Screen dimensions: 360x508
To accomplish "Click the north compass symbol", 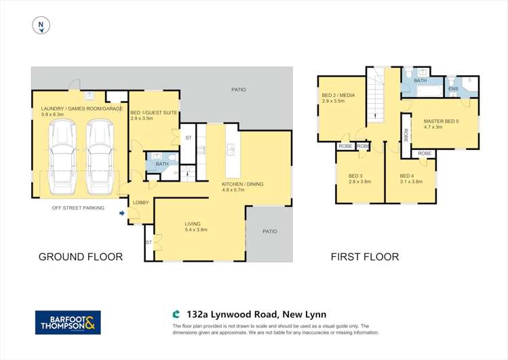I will pos(41,26).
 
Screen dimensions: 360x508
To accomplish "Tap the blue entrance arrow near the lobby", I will pos(122,214).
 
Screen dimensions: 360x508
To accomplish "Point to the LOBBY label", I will pos(140,203).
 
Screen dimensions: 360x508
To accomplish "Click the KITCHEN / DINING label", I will pos(242,184).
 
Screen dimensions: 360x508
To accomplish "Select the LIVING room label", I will pos(195,223).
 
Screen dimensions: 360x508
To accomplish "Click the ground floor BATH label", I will pos(161,163).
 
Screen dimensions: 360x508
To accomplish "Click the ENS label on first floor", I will pos(452,88).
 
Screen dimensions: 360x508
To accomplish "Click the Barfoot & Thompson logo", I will pos(68,322).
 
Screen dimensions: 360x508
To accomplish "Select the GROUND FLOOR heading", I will pos(81,256).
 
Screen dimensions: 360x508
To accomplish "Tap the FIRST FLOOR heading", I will pos(364,256).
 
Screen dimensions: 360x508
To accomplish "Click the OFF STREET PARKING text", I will pos(78,207).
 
